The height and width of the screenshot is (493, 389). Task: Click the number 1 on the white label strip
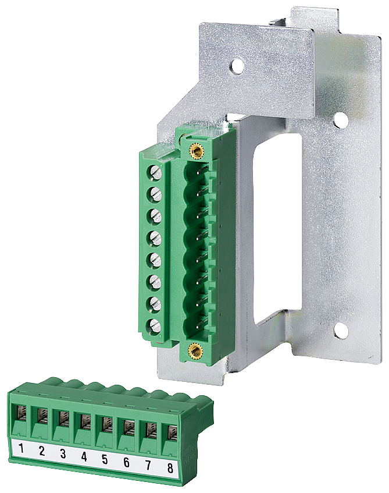[x=21, y=448]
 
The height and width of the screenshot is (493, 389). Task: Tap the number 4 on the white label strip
[x=84, y=456]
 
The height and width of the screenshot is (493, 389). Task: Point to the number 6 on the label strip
[x=126, y=462]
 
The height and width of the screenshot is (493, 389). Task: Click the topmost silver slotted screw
[x=155, y=172]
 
